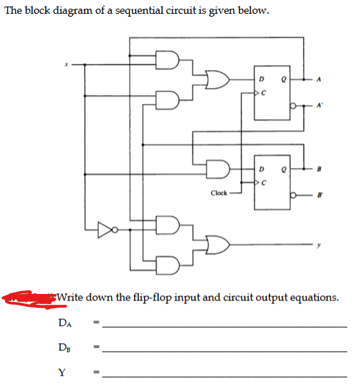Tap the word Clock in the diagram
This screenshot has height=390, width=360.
[x=219, y=193]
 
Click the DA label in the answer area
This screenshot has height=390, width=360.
[x=66, y=324]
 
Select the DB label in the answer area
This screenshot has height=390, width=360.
[x=66, y=350]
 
